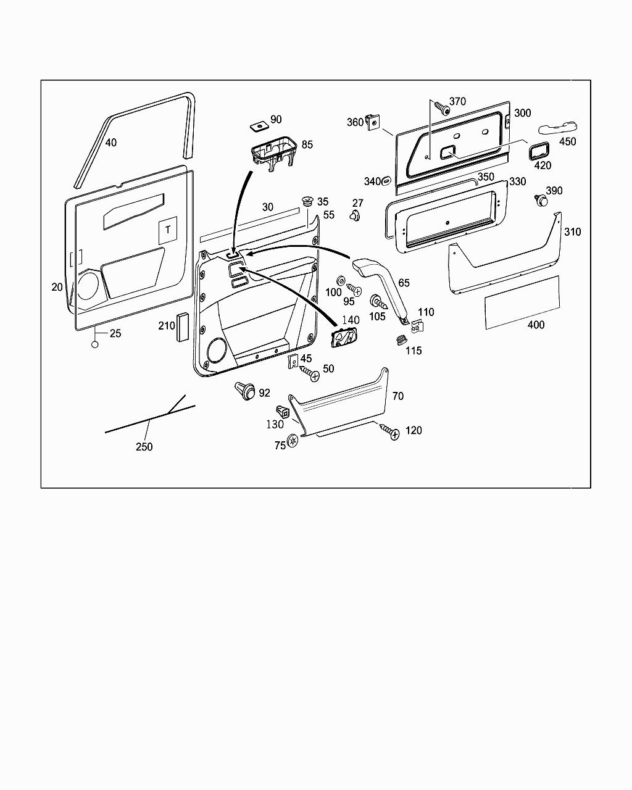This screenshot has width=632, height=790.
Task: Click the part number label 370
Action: tap(457, 102)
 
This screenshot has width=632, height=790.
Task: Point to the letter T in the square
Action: tap(168, 230)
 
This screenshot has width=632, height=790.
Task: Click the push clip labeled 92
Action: tap(245, 391)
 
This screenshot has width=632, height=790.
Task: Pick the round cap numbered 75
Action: tap(293, 441)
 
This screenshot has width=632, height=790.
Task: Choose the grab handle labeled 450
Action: tap(557, 128)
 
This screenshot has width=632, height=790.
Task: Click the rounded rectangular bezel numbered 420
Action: tap(539, 150)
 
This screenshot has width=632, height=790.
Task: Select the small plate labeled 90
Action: tap(258, 126)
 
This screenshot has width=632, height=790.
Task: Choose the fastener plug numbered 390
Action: tap(541, 199)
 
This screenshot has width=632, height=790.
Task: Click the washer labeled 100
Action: tap(342, 281)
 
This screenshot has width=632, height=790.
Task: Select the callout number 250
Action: tap(144, 447)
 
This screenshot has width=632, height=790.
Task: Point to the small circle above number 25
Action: tap(95, 344)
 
